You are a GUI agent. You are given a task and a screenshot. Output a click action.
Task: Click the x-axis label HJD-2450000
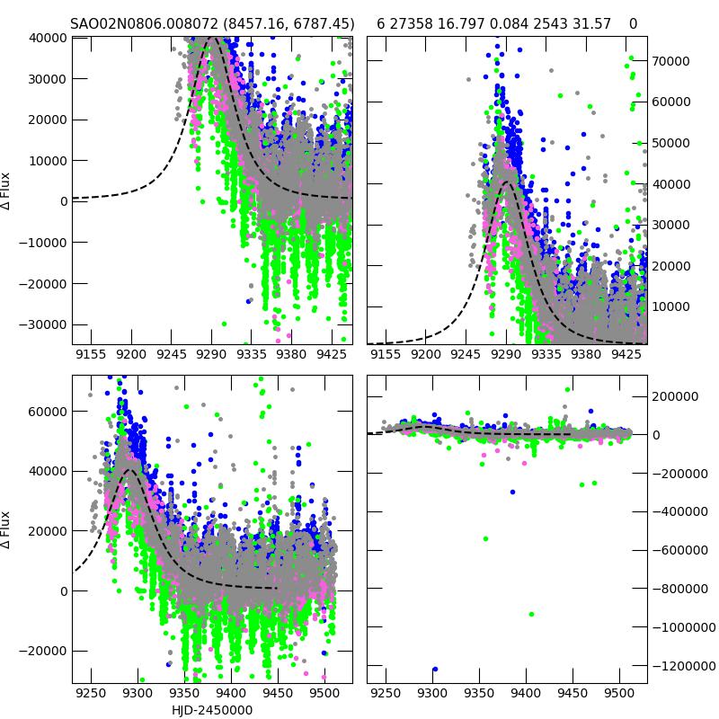coord(212,710)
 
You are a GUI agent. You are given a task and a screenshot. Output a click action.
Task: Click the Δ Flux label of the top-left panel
coord(7,191)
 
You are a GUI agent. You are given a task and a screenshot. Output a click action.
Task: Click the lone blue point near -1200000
coord(435,670)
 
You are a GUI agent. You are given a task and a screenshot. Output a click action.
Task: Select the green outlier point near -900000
coord(531,615)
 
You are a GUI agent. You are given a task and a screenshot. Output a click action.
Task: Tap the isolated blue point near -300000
coord(512,492)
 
